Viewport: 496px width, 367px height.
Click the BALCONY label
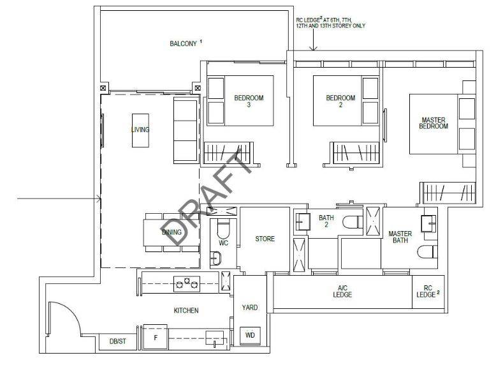coord(183,43)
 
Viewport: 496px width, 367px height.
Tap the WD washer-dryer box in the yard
coord(250,336)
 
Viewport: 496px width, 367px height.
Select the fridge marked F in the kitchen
coord(156,337)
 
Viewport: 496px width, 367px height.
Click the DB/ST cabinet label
coord(118,341)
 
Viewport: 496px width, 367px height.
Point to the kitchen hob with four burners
coord(187,284)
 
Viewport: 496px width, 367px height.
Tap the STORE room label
coord(265,239)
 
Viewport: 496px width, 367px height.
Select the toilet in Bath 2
coord(353,221)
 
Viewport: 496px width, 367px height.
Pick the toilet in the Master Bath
coord(427,252)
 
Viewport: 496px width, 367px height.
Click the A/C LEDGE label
coord(342,291)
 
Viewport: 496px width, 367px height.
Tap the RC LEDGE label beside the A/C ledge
coord(428,291)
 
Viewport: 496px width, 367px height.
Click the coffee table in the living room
coord(140,130)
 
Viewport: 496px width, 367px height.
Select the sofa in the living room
coord(186,130)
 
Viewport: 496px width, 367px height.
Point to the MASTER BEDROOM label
coord(434,123)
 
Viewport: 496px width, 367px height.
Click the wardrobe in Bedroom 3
coord(228,153)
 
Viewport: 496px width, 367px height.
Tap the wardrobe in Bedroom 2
coord(355,153)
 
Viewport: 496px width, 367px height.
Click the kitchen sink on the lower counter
coord(214,338)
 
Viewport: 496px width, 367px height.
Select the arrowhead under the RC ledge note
coord(313,49)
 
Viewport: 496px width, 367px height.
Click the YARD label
coord(249,307)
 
